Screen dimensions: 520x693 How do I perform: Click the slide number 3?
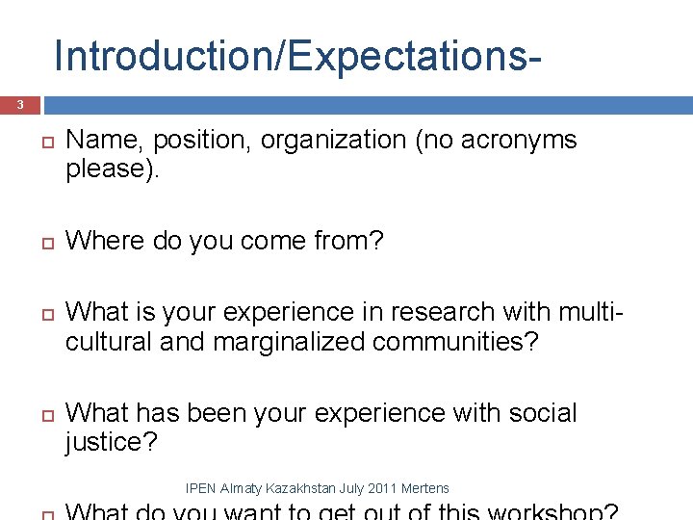pyautogui.click(x=18, y=105)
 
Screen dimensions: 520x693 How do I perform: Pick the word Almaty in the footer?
pyautogui.click(x=239, y=489)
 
